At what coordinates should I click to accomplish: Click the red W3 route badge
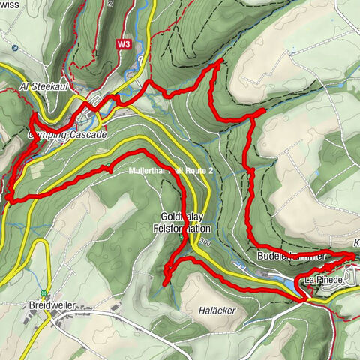coord(124,44)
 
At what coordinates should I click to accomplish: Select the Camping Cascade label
coord(67,134)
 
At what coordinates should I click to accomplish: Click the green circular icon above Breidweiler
coord(45,293)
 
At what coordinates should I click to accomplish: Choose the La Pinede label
coord(323,280)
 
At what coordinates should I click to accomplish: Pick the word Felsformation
coord(183,228)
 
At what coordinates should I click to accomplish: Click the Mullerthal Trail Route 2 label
coord(172,172)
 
